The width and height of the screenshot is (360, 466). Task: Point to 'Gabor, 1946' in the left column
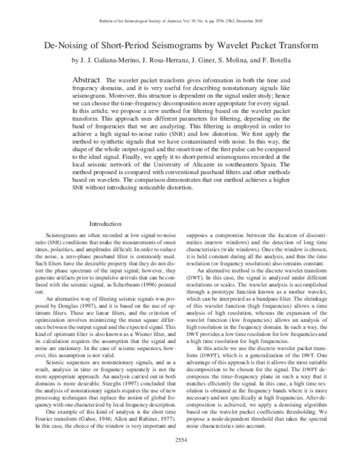coord(107,416)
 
